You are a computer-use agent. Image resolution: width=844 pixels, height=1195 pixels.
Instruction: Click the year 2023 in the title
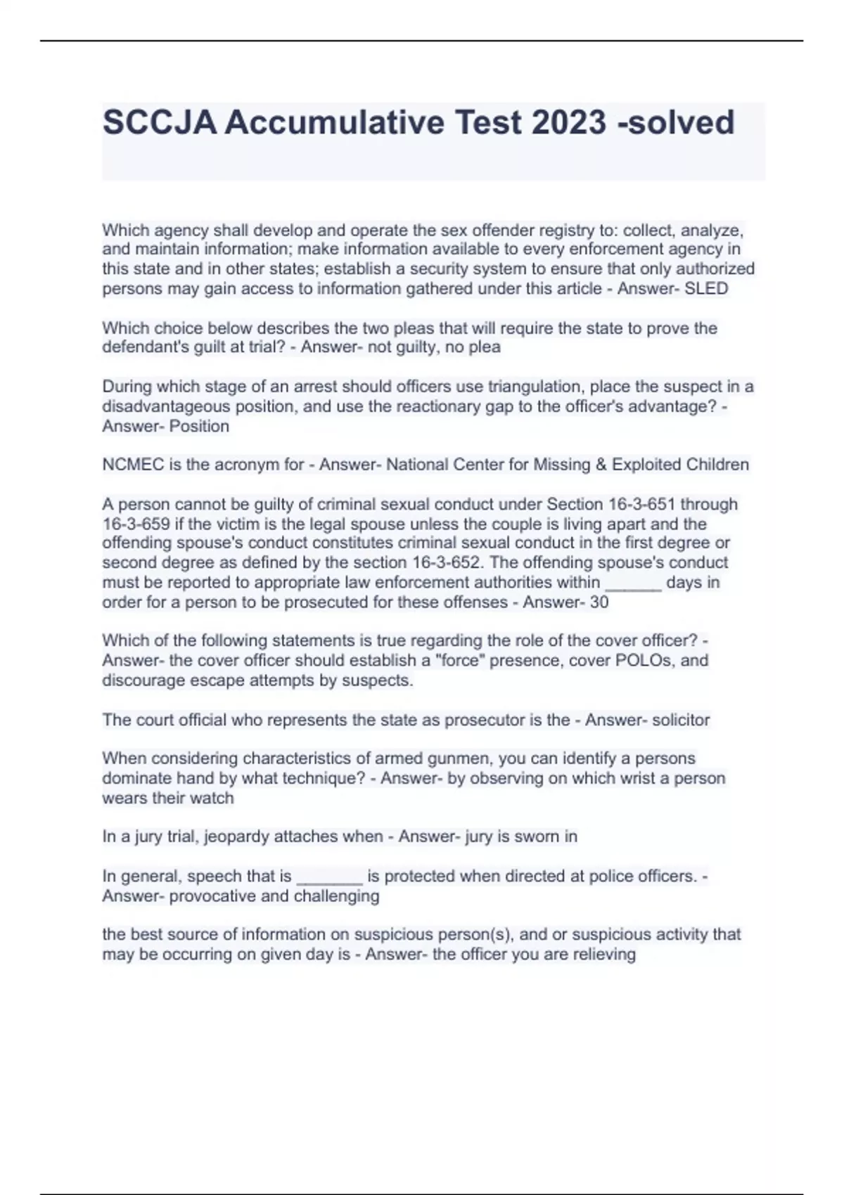(x=568, y=122)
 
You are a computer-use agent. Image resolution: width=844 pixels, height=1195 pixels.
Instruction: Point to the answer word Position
(x=199, y=426)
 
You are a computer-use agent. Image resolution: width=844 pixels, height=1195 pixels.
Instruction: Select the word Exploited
(x=646, y=465)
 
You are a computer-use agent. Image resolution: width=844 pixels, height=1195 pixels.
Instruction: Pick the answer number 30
(x=599, y=602)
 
